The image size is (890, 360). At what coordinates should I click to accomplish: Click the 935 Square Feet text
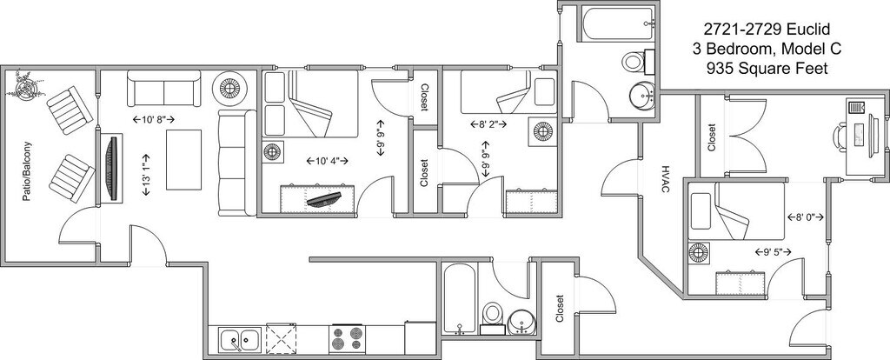[766, 67]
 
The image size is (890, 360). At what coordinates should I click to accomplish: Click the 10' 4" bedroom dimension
[327, 161]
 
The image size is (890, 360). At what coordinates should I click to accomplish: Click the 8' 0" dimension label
[804, 217]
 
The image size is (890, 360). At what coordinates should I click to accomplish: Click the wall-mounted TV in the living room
[111, 169]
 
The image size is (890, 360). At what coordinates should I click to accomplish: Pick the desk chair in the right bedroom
[839, 137]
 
